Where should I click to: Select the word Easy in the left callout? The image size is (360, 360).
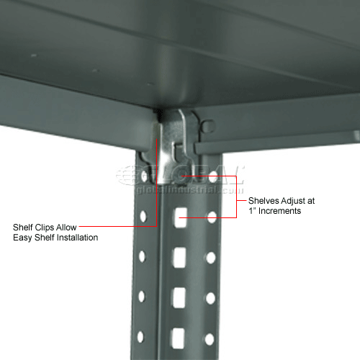click(x=24, y=237)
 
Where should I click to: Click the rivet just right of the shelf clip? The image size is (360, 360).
click(x=210, y=127)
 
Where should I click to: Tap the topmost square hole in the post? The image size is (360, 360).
click(x=180, y=214)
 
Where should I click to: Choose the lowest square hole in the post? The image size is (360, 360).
click(x=179, y=333)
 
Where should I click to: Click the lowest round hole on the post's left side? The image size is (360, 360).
click(x=142, y=335)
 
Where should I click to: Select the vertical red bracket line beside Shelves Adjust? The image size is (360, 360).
click(x=237, y=195)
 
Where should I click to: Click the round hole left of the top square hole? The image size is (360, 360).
click(x=144, y=214)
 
